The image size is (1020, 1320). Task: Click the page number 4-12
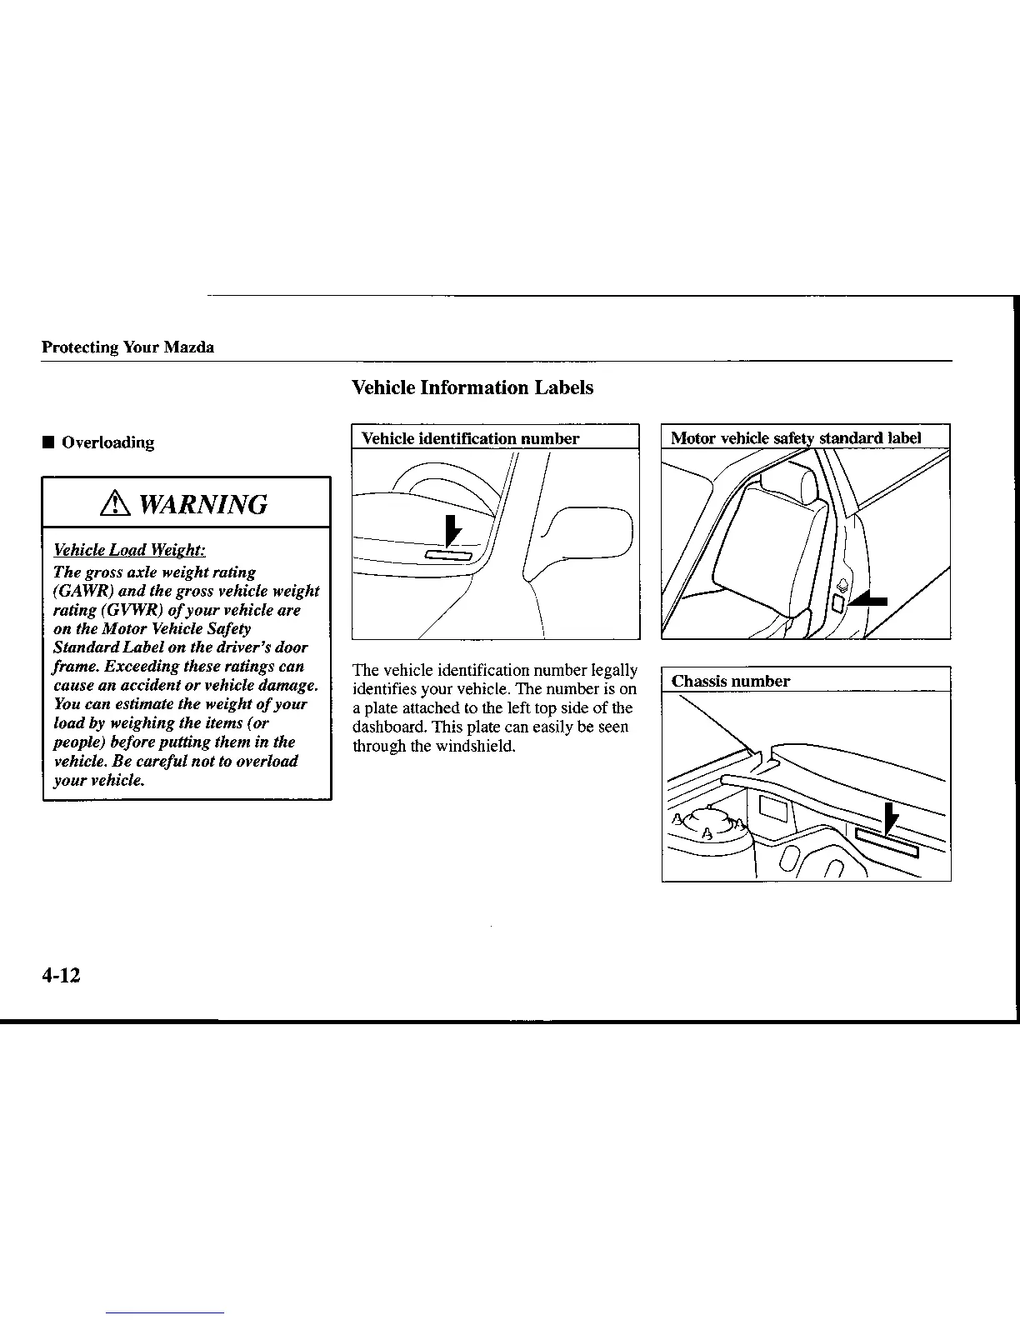(x=61, y=976)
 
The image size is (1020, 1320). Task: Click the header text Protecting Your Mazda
(x=127, y=347)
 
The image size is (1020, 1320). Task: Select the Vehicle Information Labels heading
(x=472, y=387)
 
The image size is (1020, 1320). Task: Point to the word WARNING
(x=203, y=504)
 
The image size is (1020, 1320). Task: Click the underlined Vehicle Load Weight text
(x=129, y=550)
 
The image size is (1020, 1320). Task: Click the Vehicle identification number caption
(x=470, y=438)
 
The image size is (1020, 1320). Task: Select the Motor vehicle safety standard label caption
(x=796, y=438)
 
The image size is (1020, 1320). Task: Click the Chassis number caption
(x=731, y=681)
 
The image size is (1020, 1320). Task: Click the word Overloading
(x=108, y=442)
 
